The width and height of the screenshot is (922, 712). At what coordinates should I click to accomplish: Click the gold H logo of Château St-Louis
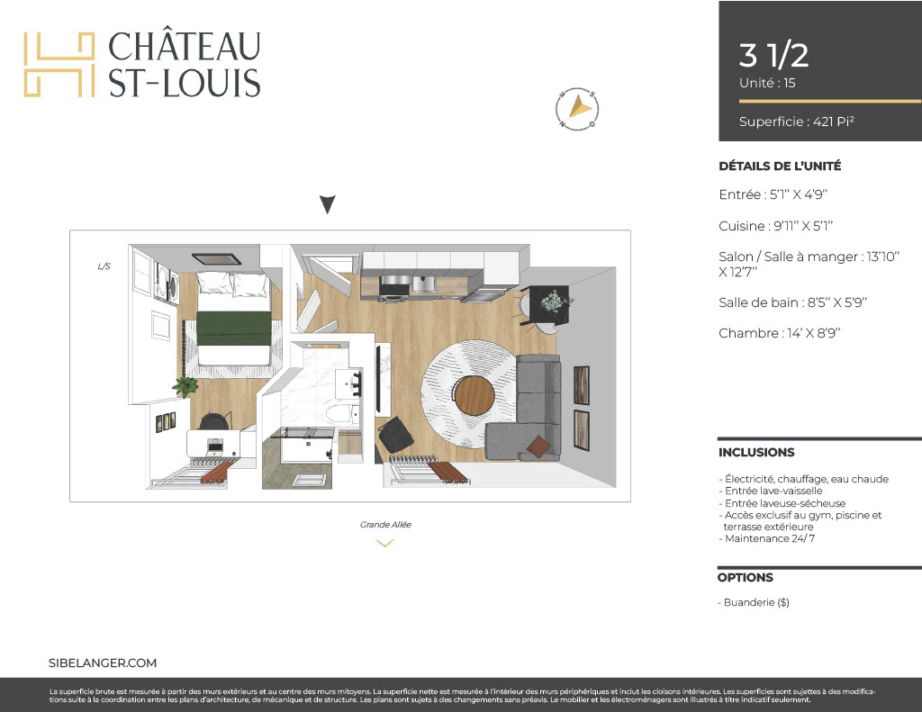pos(59,65)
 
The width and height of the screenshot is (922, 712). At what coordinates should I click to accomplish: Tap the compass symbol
pos(577,109)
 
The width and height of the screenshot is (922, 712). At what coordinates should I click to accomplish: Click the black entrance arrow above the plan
pos(328,204)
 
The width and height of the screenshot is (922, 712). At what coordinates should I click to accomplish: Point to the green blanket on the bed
pos(233,329)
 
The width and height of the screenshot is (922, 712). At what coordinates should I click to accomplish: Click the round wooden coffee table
pos(475,395)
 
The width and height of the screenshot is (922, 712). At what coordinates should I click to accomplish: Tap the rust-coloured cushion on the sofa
pos(538,446)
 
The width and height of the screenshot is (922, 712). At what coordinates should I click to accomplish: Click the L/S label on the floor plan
pos(104,266)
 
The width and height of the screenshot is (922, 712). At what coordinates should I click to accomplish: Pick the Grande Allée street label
pos(385,525)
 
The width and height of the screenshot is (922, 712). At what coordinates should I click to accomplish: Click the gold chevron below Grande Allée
pos(384,544)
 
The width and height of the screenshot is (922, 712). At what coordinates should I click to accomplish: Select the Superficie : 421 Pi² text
pos(796,122)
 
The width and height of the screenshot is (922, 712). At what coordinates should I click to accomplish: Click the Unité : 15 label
pos(767,83)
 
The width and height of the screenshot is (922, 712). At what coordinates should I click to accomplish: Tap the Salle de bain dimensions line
pos(792,302)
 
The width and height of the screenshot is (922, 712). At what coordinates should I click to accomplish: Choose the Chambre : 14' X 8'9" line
pos(779,333)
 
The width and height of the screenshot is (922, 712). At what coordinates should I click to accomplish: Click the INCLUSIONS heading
pos(756,452)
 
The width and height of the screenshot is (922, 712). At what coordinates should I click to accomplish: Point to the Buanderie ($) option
pos(754,603)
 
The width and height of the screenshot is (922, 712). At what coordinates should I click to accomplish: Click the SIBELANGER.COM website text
pos(103,663)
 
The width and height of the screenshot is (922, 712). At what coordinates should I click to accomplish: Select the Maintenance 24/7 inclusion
pos(767,538)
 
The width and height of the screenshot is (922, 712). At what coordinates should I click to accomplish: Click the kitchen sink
pos(423,284)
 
